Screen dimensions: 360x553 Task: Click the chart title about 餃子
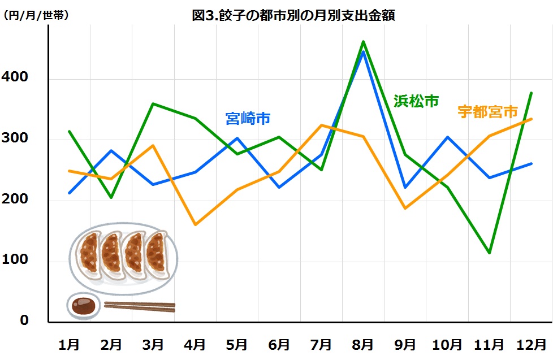coord(293,15)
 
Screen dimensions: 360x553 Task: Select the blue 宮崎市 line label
coord(248,119)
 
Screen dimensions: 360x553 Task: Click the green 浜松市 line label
coord(416,101)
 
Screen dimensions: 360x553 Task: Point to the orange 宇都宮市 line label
coord(487,111)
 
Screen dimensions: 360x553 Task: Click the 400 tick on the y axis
coord(20,78)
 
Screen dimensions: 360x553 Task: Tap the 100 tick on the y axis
coord(20,261)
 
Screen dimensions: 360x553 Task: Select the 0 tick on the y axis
coord(24,320)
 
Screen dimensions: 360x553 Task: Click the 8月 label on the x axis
coord(363,344)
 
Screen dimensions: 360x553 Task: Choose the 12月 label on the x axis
coord(531,344)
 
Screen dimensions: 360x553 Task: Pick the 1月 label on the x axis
coord(70,344)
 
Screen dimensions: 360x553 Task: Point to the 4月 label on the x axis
coord(195,344)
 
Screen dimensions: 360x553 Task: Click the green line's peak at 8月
coord(363,41)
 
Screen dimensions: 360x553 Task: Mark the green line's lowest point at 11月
coord(489,253)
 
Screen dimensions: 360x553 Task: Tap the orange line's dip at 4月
coord(195,224)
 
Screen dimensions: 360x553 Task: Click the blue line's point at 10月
coord(447,137)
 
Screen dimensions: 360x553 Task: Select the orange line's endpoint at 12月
coord(531,119)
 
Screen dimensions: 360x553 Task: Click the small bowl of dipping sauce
coord(84,305)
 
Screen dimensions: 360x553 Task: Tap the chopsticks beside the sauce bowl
coord(140,306)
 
